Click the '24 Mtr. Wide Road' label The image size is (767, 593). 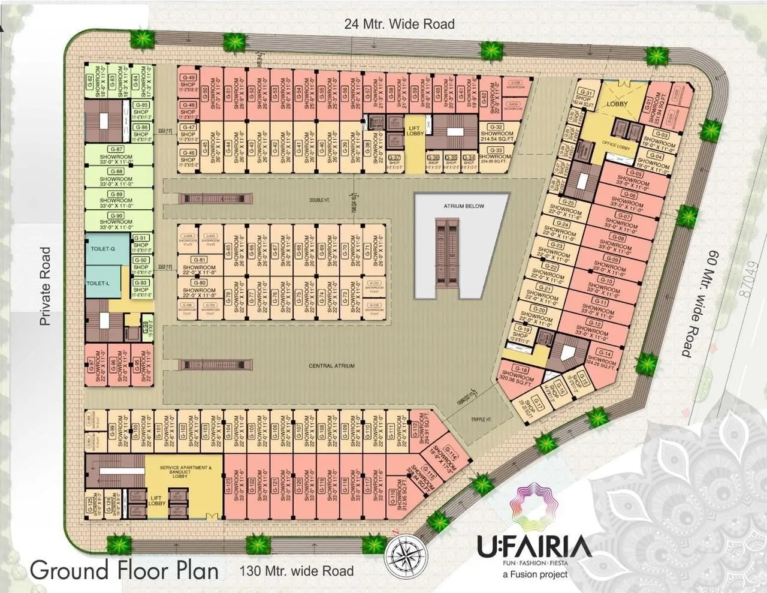pos(399,24)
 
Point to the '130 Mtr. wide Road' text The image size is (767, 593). pos(297,571)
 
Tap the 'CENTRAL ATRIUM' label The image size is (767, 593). pos(331,366)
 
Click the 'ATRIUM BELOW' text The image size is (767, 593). pos(464,206)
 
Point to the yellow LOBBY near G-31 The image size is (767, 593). pos(617,103)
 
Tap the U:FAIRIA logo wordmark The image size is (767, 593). pos(534,547)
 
